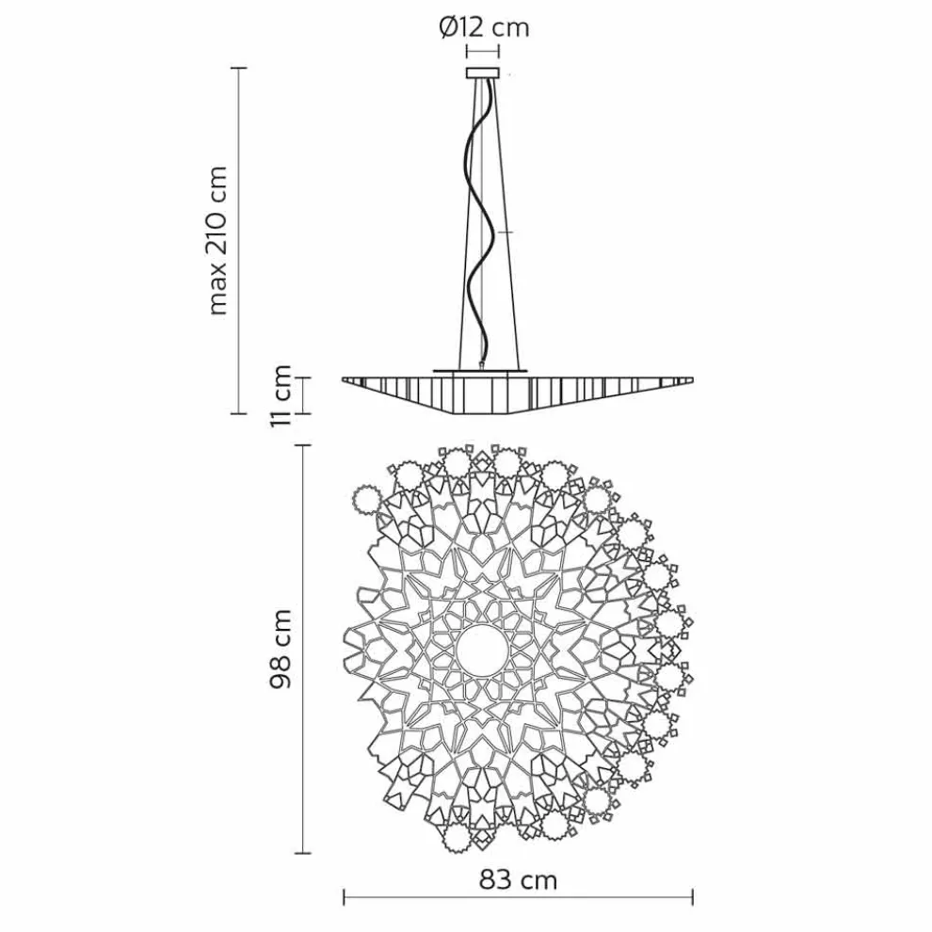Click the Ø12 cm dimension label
point(484,27)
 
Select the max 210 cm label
point(217,239)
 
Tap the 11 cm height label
point(281,395)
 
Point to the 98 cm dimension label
point(280,649)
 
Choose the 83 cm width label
point(518,880)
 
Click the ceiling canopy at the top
point(484,72)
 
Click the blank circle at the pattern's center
point(481,650)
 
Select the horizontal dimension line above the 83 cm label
point(518,899)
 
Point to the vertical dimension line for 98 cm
point(302,649)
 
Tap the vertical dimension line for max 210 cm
point(239,240)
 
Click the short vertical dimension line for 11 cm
point(304,395)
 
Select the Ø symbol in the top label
point(448,27)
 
